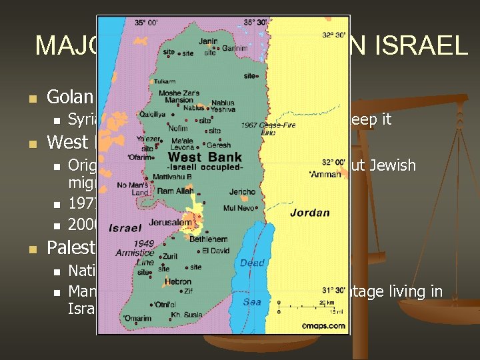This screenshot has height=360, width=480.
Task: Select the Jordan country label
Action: pyautogui.click(x=310, y=213)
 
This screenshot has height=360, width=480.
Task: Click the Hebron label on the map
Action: pyautogui.click(x=177, y=282)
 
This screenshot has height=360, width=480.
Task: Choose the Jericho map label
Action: pyautogui.click(x=243, y=192)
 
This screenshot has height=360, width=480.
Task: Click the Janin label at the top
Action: pyautogui.click(x=208, y=42)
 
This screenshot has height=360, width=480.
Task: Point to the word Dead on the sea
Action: pyautogui.click(x=252, y=263)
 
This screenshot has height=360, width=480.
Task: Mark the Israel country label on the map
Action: pyautogui.click(x=125, y=228)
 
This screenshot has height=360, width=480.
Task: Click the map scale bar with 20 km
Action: pyautogui.click(x=303, y=307)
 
